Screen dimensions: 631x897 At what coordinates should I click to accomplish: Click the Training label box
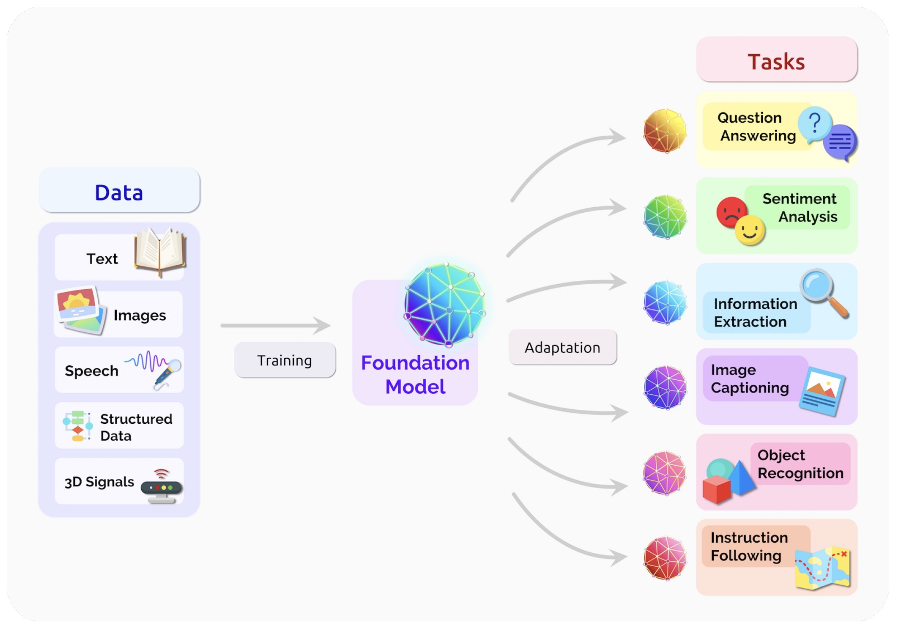(x=285, y=361)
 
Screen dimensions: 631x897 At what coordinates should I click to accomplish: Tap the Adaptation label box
(x=562, y=347)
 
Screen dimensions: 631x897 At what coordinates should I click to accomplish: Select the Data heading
(x=119, y=192)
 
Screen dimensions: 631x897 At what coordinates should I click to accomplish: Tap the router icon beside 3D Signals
(x=162, y=486)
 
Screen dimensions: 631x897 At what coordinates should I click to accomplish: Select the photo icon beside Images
(x=80, y=310)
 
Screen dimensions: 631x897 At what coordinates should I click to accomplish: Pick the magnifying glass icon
(x=823, y=291)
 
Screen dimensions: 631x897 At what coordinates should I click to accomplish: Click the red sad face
(x=731, y=212)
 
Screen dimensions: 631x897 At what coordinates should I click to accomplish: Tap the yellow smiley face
(x=750, y=231)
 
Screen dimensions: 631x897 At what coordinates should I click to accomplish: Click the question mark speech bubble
(x=815, y=123)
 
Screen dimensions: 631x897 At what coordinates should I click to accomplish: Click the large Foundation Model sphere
(x=445, y=304)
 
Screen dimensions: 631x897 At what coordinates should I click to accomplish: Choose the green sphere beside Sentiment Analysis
(x=665, y=217)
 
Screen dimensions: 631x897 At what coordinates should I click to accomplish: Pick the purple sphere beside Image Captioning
(x=665, y=388)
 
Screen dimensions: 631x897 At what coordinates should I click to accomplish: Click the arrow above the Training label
(x=275, y=325)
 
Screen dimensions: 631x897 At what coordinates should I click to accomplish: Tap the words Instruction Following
(x=748, y=547)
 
